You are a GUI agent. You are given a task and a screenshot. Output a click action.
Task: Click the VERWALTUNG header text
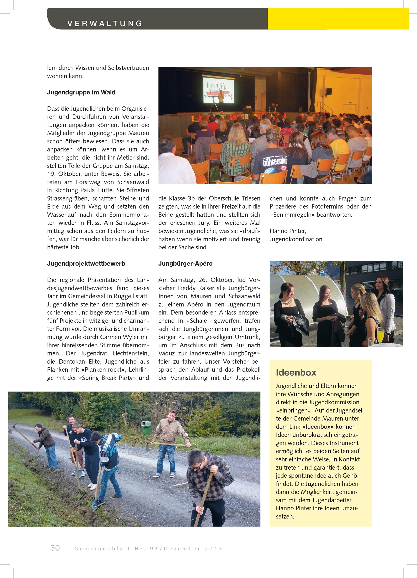click(105, 24)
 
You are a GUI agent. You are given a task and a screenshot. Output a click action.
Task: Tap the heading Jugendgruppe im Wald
click(81, 92)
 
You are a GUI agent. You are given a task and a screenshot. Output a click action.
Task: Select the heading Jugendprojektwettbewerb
click(86, 263)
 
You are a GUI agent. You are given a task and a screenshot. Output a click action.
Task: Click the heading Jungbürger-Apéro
click(185, 263)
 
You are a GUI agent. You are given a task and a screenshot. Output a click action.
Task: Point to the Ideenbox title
click(296, 373)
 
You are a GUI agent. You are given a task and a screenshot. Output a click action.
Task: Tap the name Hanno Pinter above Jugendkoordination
click(288, 231)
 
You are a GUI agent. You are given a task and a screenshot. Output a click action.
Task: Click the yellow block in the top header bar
click(338, 19)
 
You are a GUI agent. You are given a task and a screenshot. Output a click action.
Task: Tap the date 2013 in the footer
click(213, 549)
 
